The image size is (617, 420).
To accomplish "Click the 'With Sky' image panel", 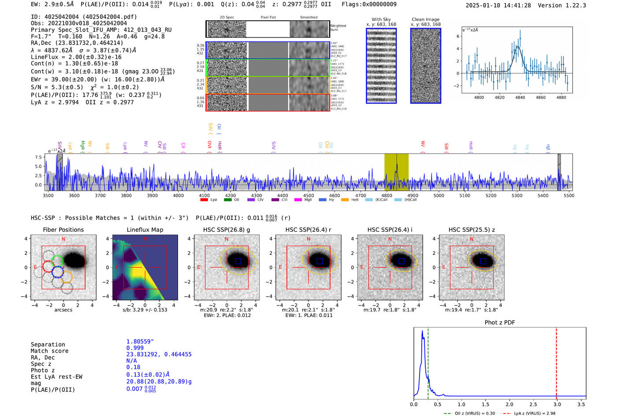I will (381, 66).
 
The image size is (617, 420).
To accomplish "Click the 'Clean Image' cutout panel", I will (426, 66).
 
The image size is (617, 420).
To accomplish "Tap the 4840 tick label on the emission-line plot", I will (520, 97).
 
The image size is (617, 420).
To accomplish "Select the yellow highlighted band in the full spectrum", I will (396, 172).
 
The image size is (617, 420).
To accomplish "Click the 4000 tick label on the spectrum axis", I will (178, 196).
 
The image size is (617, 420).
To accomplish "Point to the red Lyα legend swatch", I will (204, 200).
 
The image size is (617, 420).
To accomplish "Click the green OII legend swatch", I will (227, 200).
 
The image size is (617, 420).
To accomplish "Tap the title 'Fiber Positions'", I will (63, 230).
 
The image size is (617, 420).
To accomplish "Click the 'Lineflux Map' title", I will (145, 230).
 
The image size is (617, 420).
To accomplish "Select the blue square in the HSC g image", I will (238, 261).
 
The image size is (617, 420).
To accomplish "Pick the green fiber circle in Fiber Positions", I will (57, 260).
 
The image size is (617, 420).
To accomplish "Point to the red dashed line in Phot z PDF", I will (556, 361).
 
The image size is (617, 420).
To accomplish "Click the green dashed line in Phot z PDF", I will (428, 361).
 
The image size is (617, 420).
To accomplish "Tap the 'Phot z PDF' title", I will (500, 323).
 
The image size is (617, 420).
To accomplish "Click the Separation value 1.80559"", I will (140, 342).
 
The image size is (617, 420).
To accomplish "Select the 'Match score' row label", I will (50, 351).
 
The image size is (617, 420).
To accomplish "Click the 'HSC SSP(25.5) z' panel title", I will (472, 230).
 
